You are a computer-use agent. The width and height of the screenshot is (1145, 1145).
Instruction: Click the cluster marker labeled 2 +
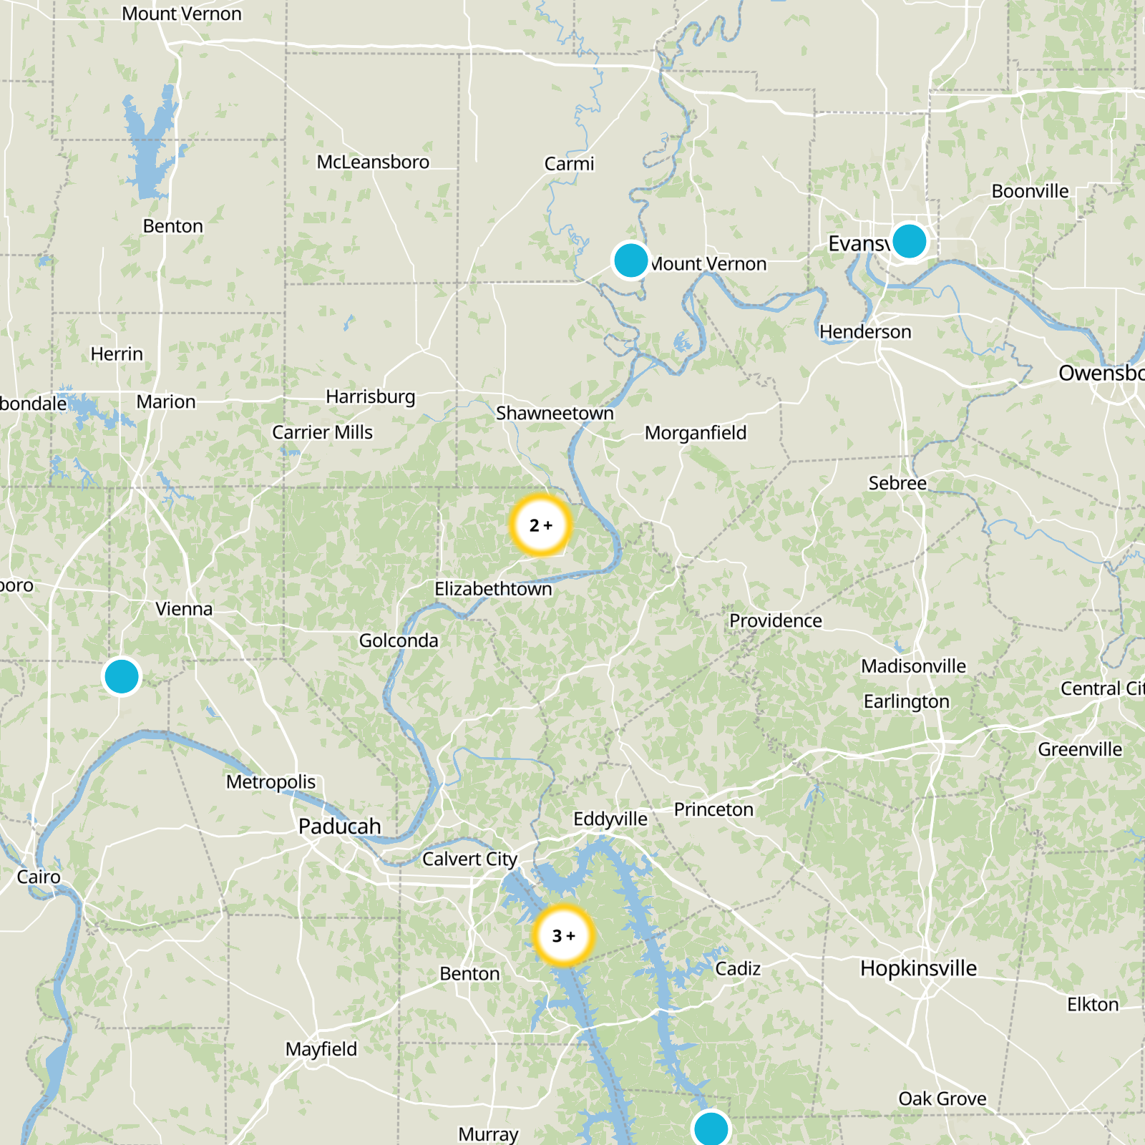point(541,525)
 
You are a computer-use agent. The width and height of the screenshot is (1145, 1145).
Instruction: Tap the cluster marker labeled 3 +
point(563,935)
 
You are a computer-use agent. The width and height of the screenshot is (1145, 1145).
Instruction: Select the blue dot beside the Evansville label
point(909,240)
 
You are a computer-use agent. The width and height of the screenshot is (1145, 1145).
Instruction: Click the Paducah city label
point(339,826)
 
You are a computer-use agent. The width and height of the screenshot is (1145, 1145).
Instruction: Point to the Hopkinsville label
point(918,968)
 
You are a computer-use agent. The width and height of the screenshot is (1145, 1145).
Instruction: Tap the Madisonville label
point(913,666)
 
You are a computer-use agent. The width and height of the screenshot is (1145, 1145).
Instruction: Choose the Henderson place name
point(865,332)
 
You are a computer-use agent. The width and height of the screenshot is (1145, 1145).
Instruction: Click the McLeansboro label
point(373,162)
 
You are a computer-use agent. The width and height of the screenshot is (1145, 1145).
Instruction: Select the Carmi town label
point(569,164)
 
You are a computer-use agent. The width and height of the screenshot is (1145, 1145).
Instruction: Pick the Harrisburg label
point(370,396)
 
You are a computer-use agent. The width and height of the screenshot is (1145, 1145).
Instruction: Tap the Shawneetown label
point(555,413)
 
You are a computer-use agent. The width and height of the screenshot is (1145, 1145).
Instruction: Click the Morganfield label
point(695,433)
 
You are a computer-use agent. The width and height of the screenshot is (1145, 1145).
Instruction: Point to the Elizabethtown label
point(493,589)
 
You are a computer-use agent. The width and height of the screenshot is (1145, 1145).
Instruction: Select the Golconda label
point(399,640)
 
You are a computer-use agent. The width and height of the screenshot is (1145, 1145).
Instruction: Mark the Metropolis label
point(271,781)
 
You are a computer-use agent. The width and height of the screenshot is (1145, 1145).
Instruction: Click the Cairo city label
point(39,877)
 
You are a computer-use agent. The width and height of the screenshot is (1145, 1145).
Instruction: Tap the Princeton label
point(713,809)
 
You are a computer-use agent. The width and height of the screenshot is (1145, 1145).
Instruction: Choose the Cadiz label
point(738,968)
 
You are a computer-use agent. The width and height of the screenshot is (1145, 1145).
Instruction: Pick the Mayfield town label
point(321,1049)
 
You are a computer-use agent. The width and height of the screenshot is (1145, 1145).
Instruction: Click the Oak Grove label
point(942,1098)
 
